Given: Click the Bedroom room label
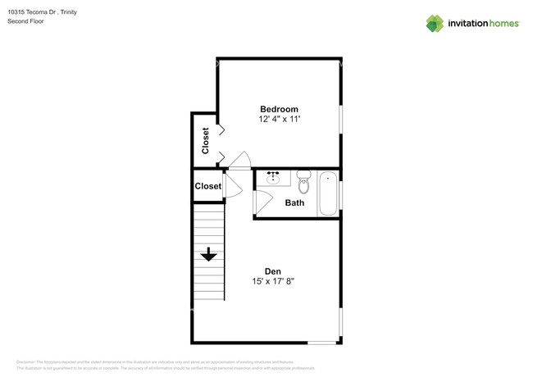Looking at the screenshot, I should [x=279, y=109].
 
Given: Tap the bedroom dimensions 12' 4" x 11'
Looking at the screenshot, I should [x=279, y=120].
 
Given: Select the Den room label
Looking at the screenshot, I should [x=273, y=271].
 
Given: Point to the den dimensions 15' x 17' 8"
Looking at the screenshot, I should [x=273, y=282].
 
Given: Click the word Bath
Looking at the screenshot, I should [x=294, y=202].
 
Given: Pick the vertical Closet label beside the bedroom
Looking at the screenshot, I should [x=205, y=140].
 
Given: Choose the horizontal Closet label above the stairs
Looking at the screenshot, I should [x=208, y=186].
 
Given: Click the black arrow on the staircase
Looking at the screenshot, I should [x=208, y=254].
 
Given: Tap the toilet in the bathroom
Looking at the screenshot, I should [x=304, y=181].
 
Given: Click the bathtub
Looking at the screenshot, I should [x=328, y=194].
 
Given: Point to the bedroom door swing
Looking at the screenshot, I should [x=239, y=161].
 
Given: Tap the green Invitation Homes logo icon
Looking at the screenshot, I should [x=435, y=23].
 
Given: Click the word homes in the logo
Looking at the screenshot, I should [x=502, y=24].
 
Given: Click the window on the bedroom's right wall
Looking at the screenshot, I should [x=341, y=118].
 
